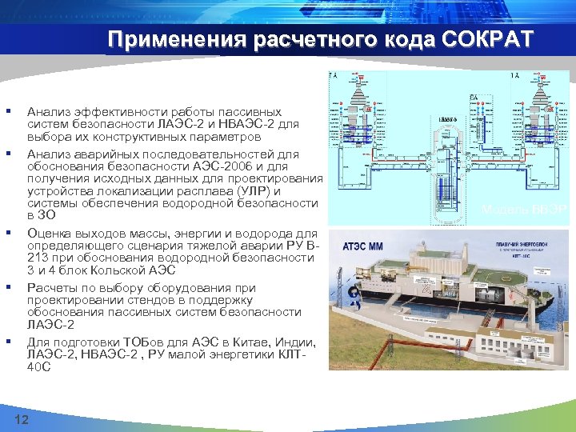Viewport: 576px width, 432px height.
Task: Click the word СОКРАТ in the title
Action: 483,40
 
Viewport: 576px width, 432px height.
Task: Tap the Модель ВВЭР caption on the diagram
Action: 524,210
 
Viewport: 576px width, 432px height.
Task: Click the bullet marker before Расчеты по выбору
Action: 7,286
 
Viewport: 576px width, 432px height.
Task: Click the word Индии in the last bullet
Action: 305,342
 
